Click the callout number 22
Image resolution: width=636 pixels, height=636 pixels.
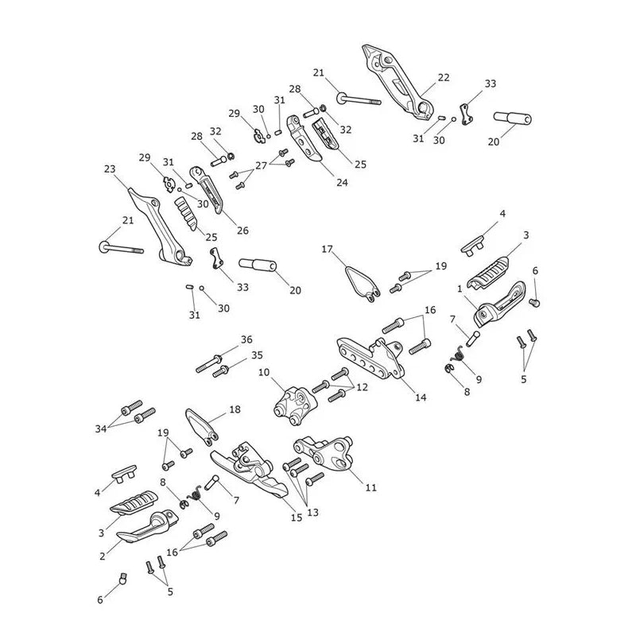click(x=444, y=77)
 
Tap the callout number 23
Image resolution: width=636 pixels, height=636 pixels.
click(x=110, y=169)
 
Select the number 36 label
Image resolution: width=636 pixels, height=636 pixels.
click(x=246, y=339)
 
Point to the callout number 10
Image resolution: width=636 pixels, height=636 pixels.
click(x=264, y=372)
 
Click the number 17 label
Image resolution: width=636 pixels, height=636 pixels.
click(x=328, y=249)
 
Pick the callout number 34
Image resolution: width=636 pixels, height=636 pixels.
click(x=101, y=429)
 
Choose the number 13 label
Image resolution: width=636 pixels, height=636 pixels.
click(x=312, y=513)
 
